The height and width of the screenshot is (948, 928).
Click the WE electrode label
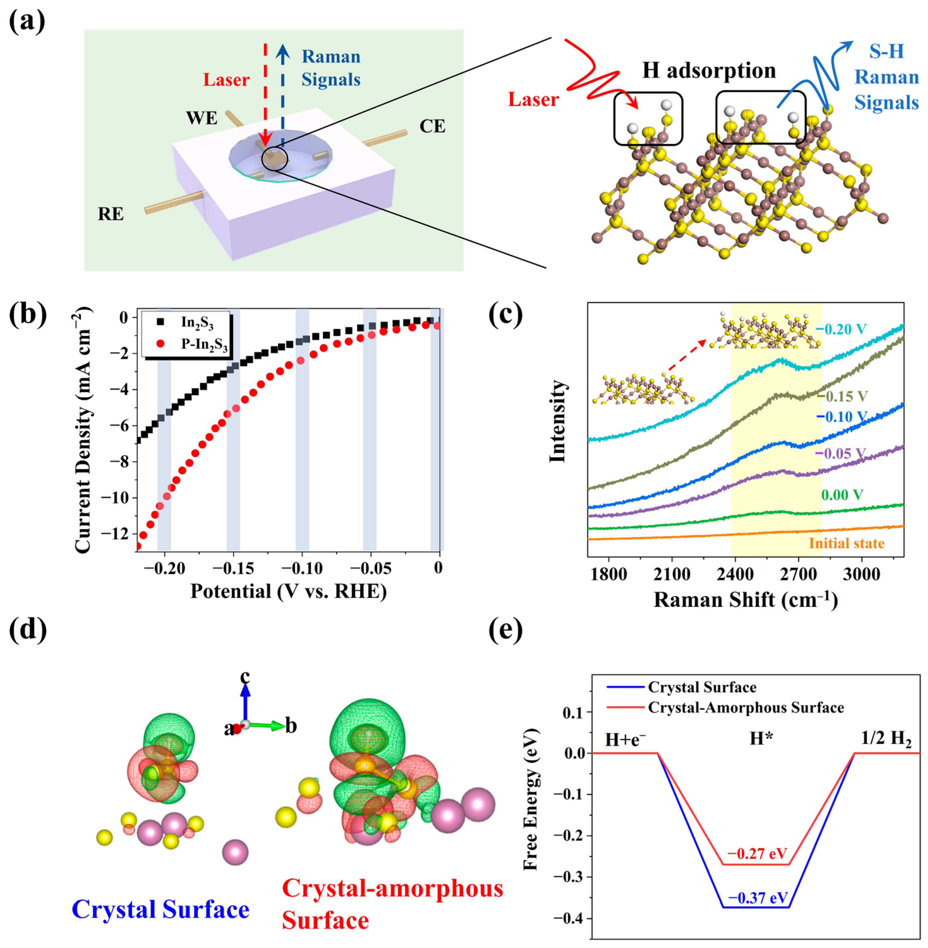(x=201, y=118)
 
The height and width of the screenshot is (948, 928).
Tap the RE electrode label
(x=111, y=214)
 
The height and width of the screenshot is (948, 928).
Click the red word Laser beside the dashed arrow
(x=226, y=80)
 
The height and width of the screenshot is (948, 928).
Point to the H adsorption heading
(x=709, y=71)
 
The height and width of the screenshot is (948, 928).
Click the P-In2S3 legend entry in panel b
(x=204, y=344)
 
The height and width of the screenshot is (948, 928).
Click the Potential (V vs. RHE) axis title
(x=288, y=591)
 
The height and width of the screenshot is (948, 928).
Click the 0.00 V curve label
(x=842, y=495)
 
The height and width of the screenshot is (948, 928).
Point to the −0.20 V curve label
(x=842, y=329)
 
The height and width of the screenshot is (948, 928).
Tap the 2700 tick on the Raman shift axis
(x=798, y=574)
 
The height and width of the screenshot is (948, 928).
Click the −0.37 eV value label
(x=757, y=898)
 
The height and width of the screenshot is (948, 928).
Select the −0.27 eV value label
(x=757, y=854)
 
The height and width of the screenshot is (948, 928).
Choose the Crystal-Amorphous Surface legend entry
(x=746, y=707)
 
